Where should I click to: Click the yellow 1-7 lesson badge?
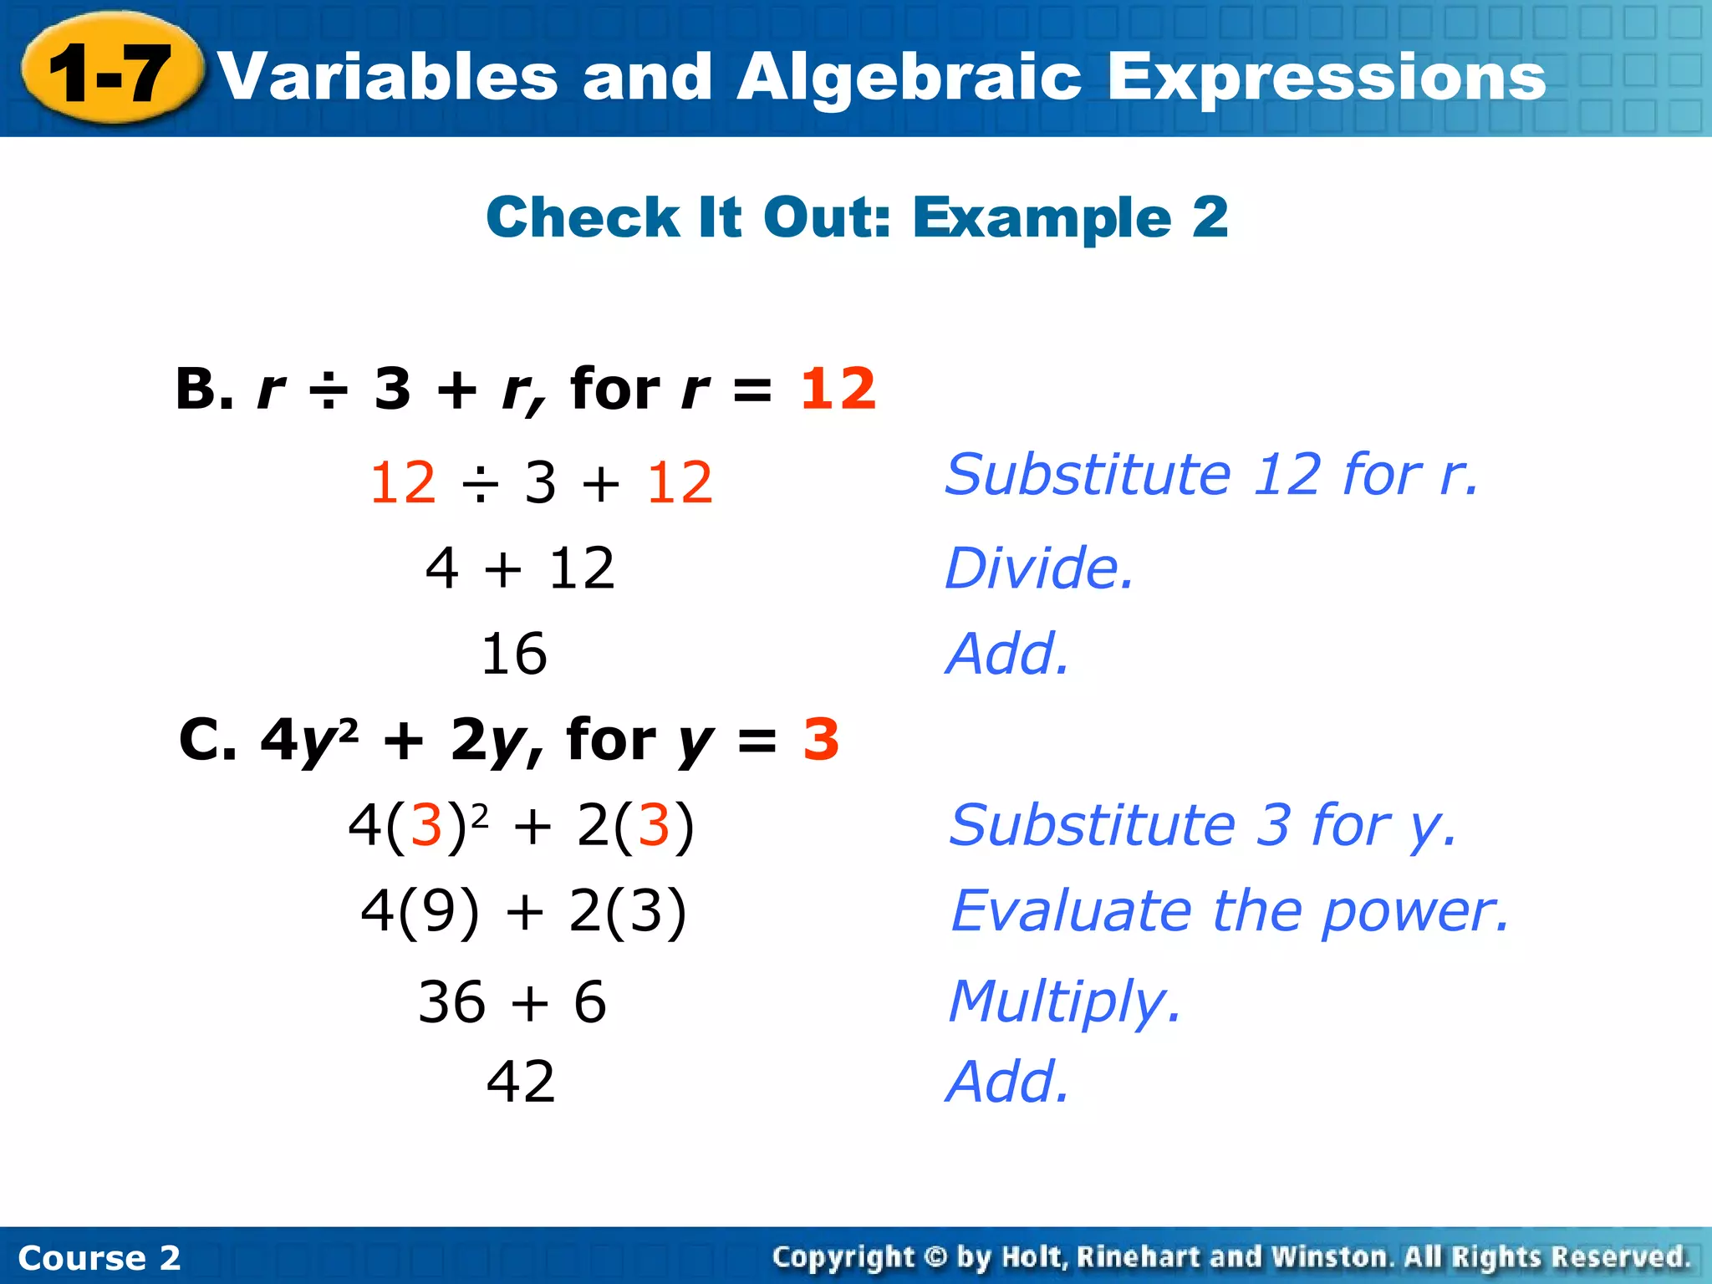pyautogui.click(x=111, y=74)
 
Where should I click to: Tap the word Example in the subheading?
pyautogui.click(x=1042, y=218)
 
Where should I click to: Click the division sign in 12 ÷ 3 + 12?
pyautogui.click(x=480, y=484)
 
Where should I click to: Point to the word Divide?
pyautogui.click(x=1038, y=568)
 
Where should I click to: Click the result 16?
pyautogui.click(x=514, y=654)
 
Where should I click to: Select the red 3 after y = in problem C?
pyautogui.click(x=821, y=740)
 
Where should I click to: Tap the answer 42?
pyautogui.click(x=520, y=1082)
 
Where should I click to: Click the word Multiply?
pyautogui.click(x=1064, y=1001)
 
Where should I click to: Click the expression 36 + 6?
pyautogui.click(x=512, y=1001)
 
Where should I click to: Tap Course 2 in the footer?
pyautogui.click(x=99, y=1258)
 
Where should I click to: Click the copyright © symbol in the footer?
pyautogui.click(x=936, y=1257)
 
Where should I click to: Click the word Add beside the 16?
pyautogui.click(x=1006, y=654)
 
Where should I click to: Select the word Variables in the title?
pyautogui.click(x=389, y=78)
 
